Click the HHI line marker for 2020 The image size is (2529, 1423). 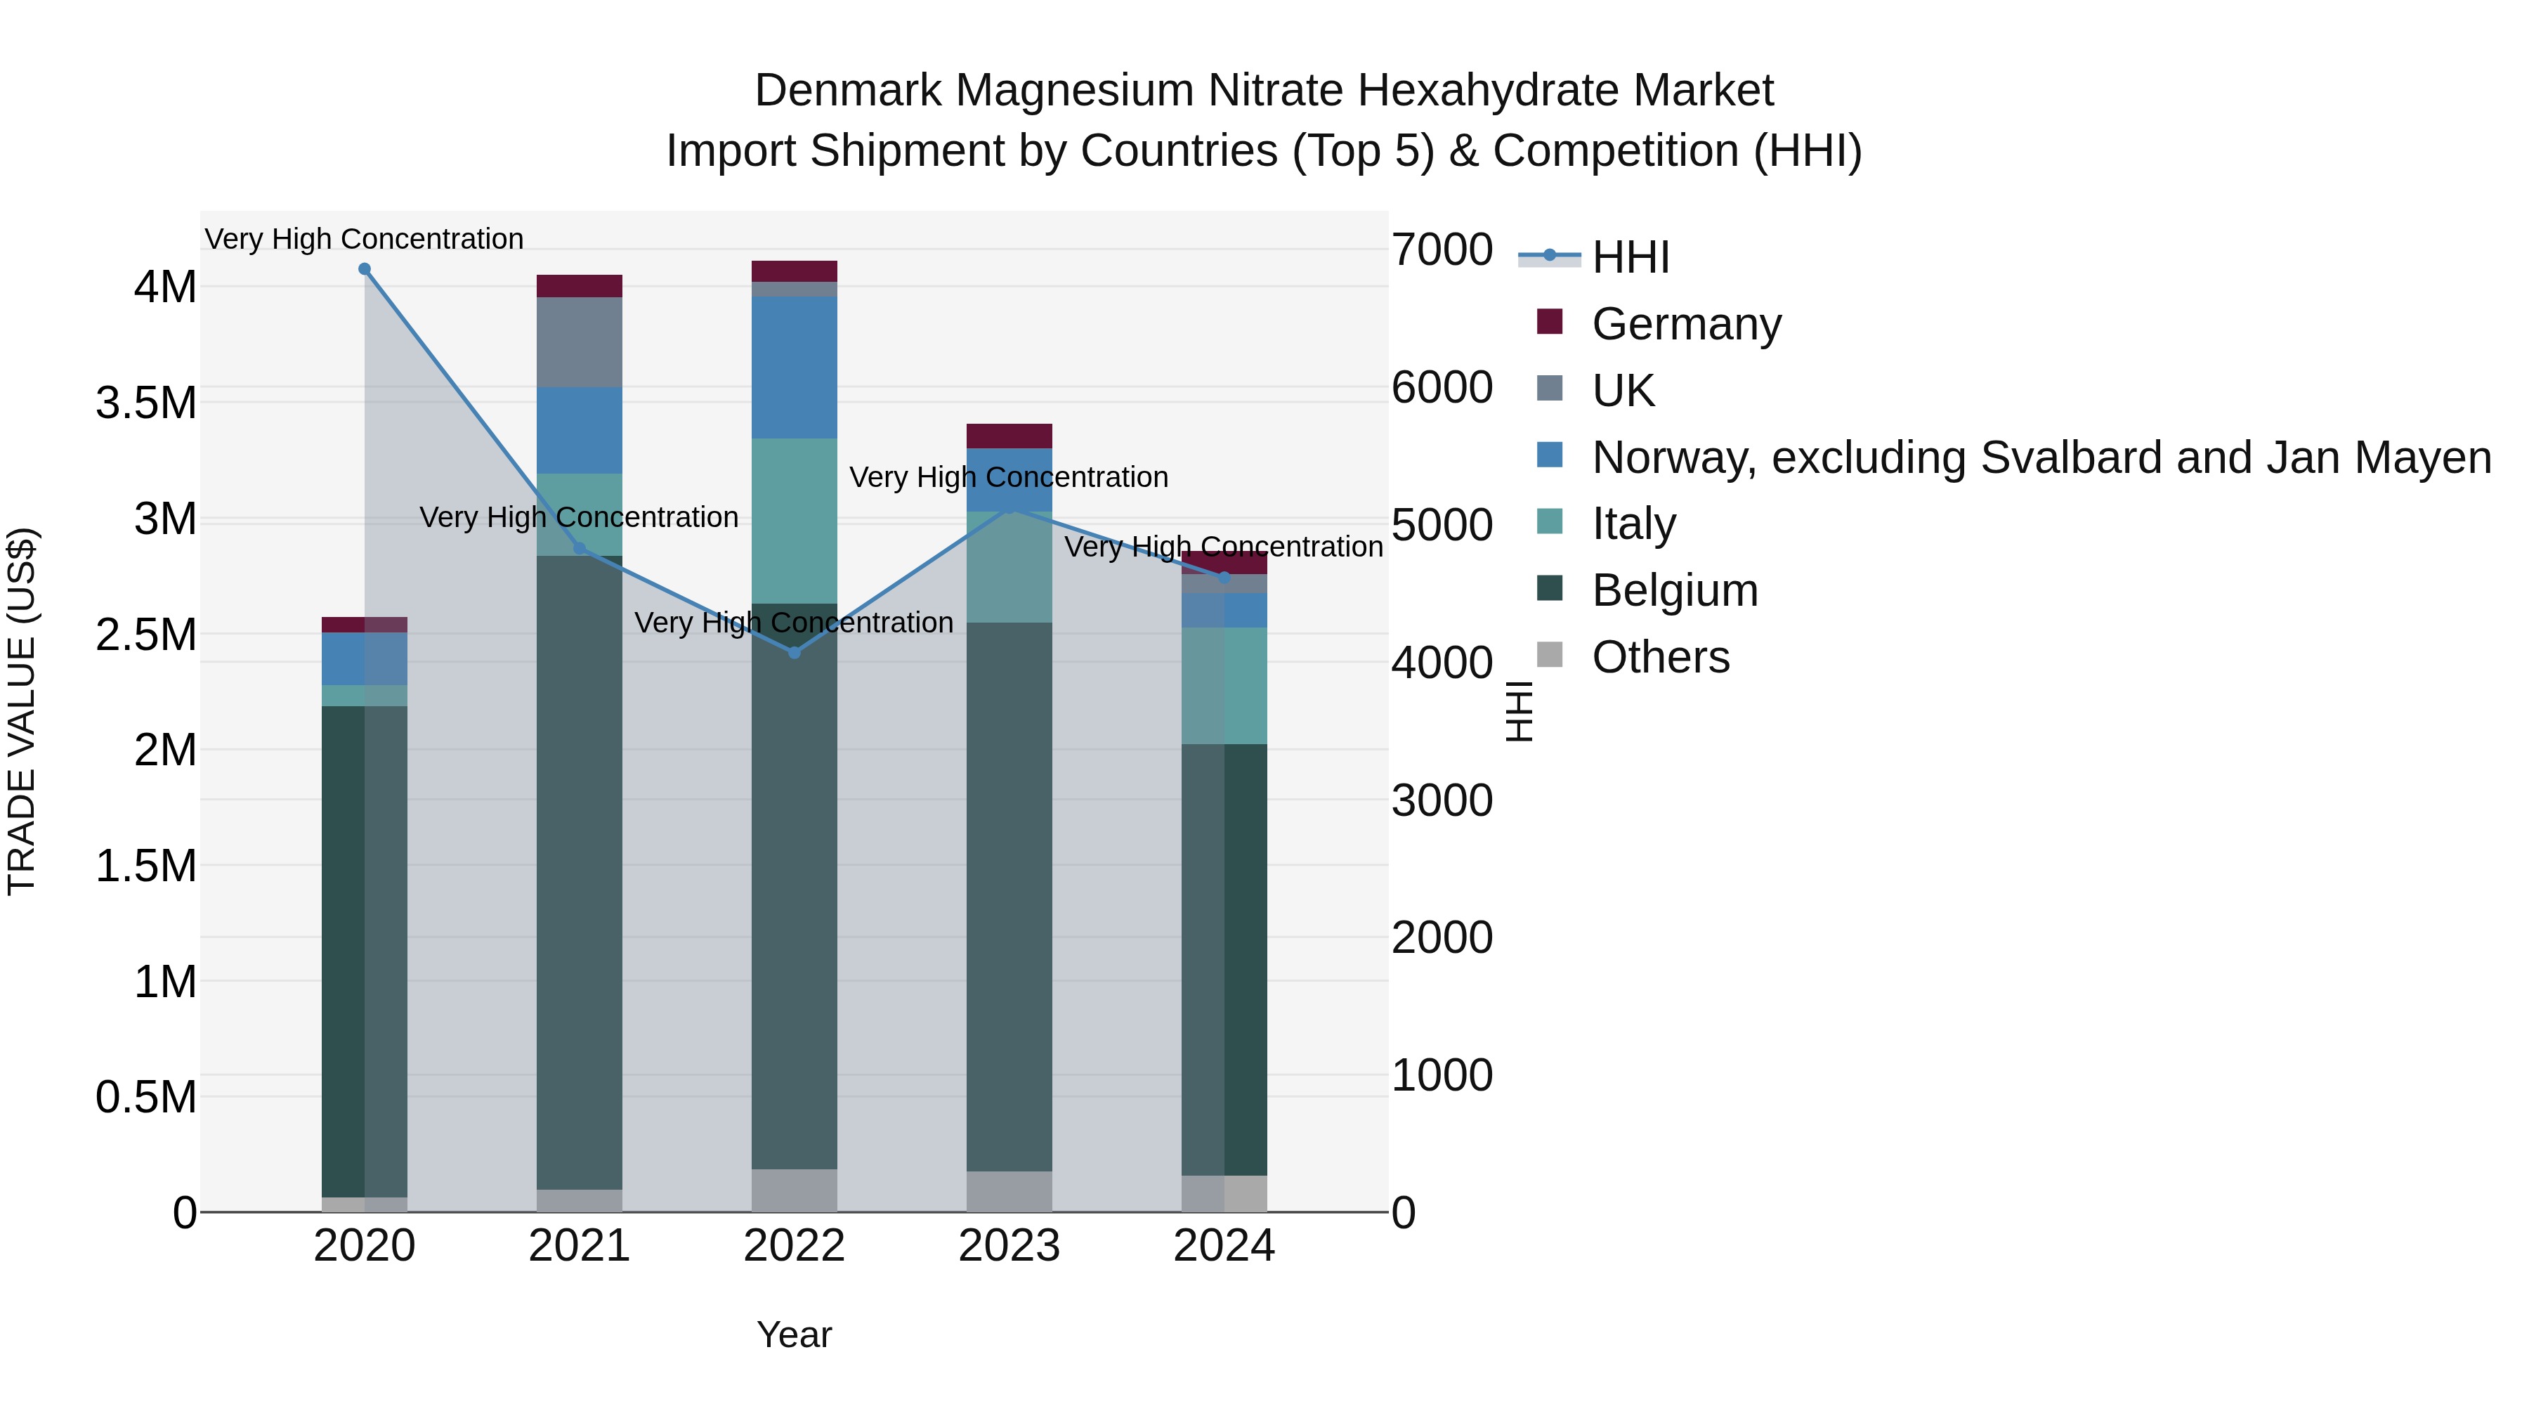pyautogui.click(x=364, y=269)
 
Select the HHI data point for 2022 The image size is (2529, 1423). pyautogui.click(x=795, y=653)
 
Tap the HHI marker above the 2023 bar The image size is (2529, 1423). pyautogui.click(x=1009, y=509)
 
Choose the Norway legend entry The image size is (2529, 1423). pyautogui.click(x=2040, y=457)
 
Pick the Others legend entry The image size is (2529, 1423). pyautogui.click(x=1659, y=657)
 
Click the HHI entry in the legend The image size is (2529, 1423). pyautogui.click(x=1630, y=257)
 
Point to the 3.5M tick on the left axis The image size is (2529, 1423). pyautogui.click(x=145, y=403)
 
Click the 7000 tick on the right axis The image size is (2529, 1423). pyautogui.click(x=1442, y=249)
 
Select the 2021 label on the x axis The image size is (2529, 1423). pyautogui.click(x=580, y=1246)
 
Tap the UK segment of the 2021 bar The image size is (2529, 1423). pyautogui.click(x=580, y=342)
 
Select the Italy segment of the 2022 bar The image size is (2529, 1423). pyautogui.click(x=795, y=521)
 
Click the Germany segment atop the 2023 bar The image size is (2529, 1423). pyautogui.click(x=1009, y=436)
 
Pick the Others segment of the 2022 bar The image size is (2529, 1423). pyautogui.click(x=795, y=1190)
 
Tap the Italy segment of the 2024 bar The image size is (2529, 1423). pyautogui.click(x=1224, y=685)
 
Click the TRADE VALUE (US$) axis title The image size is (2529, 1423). pyautogui.click(x=22, y=711)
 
